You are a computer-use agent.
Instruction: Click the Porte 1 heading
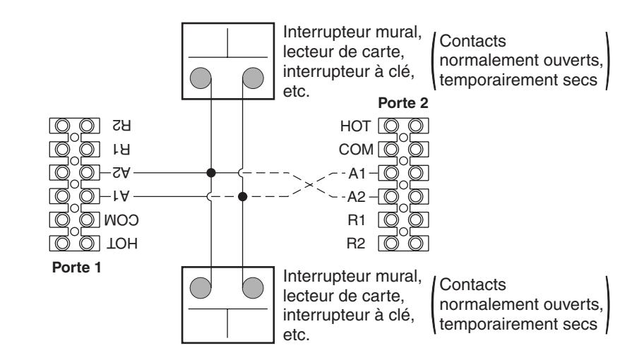coord(76,268)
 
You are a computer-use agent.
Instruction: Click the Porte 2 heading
coord(403,102)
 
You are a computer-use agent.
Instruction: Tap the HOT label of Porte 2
coord(355,126)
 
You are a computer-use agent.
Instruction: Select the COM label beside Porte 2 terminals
coord(356,150)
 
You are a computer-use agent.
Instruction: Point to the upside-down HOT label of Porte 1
coord(122,244)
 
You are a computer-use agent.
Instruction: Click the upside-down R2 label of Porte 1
coord(121,125)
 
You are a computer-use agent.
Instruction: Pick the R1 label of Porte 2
coord(356,220)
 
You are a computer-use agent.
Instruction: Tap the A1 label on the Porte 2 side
coord(357,174)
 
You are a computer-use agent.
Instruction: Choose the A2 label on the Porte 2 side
coord(356,197)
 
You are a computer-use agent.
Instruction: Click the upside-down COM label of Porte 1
coord(121,220)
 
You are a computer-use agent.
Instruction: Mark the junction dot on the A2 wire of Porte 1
coord(211,173)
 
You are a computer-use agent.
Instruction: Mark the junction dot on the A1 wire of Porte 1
coord(243,197)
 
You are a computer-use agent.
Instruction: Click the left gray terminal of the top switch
coord(201,78)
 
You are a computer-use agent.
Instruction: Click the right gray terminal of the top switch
coord(253,78)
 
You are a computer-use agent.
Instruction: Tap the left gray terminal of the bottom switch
coord(201,288)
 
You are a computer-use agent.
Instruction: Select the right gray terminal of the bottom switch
coord(253,288)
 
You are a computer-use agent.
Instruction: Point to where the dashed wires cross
coord(310,185)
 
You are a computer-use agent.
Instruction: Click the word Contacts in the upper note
coord(472,41)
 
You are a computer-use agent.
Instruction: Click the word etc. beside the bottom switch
coord(296,335)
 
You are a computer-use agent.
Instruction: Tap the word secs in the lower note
coord(580,324)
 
